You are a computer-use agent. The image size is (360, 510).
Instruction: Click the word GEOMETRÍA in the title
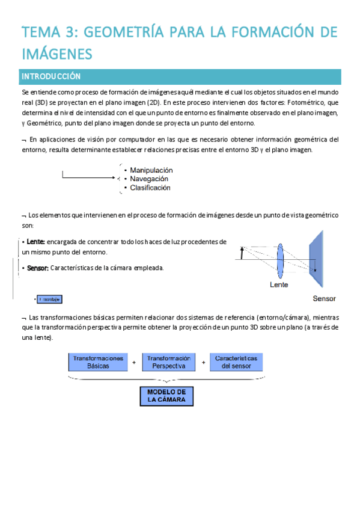(117, 31)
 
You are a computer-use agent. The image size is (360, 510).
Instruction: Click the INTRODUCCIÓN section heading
(51, 76)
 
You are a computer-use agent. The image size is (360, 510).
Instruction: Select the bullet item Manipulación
(151, 170)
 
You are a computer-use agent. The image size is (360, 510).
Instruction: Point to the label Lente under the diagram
(279, 284)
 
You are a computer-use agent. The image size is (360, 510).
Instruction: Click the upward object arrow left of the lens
(242, 253)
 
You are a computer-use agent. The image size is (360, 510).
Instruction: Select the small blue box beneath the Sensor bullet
(50, 299)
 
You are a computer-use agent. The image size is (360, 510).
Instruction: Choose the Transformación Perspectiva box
(169, 361)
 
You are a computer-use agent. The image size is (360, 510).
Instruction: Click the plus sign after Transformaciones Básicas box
(133, 362)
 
